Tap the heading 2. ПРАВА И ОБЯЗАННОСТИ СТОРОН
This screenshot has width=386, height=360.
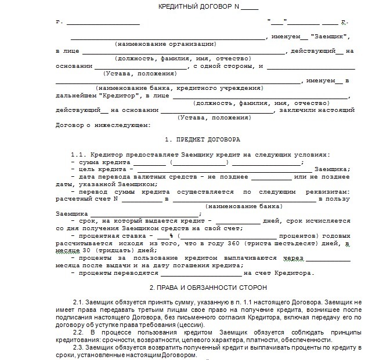coord(208,288)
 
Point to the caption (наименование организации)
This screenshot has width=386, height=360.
coord(165,44)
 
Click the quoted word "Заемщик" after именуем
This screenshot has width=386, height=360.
coord(330,37)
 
